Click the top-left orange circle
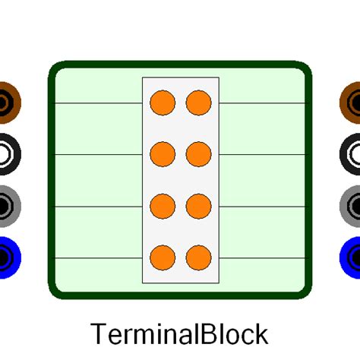tap(163, 103)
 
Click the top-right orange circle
tap(198, 103)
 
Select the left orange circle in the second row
tap(163, 154)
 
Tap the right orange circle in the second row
tap(198, 154)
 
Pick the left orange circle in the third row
tap(163, 206)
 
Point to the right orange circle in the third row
tap(198, 206)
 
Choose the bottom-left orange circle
tap(163, 257)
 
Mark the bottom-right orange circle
tap(198, 257)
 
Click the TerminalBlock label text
tap(179, 334)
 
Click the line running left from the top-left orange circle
tap(99, 103)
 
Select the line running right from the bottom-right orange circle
tap(262, 258)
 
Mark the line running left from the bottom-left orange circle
tap(99, 258)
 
